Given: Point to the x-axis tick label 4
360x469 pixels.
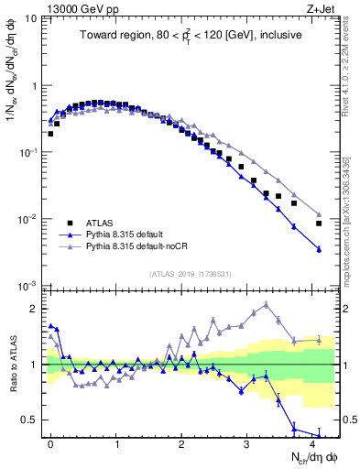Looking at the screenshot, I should pyautogui.click(x=313, y=442).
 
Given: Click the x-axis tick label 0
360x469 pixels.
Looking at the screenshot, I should pyautogui.click(x=51, y=442).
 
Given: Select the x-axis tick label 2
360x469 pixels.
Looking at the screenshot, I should pyautogui.click(x=182, y=442).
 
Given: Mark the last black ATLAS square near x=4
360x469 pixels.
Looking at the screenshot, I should pyautogui.click(x=319, y=224).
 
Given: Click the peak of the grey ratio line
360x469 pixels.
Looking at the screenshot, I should pyautogui.click(x=267, y=305).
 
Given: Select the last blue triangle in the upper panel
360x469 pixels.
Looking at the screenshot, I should pyautogui.click(x=319, y=249).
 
